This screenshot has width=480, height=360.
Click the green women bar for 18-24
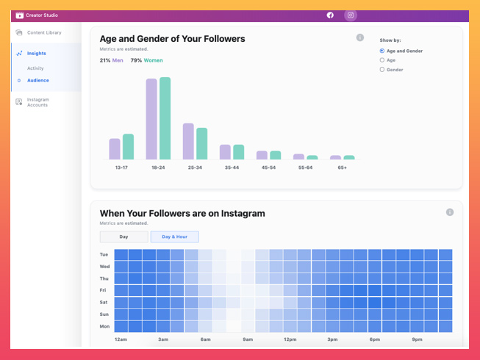tap(165, 118)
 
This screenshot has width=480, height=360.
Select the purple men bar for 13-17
tap(115, 149)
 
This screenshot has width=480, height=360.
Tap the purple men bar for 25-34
tap(188, 141)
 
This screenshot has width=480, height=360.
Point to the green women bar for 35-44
tap(238, 152)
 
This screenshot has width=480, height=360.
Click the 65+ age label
tap(343, 168)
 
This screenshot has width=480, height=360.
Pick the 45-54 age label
tap(268, 168)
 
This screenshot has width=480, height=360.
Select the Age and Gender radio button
tap(382, 51)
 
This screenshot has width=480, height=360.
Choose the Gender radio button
tap(382, 70)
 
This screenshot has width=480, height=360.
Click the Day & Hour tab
tap(174, 237)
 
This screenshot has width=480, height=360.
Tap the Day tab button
tap(124, 237)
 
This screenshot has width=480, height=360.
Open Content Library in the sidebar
tap(44, 32)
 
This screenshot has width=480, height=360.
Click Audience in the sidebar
tap(38, 80)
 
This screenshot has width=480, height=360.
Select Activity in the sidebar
tap(35, 68)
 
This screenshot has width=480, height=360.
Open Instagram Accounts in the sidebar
tap(37, 102)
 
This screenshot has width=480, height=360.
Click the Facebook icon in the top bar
tap(330, 15)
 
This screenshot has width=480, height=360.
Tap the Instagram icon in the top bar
tap(351, 15)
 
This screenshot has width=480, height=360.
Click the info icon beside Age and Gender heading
tap(360, 37)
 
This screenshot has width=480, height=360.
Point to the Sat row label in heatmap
tap(104, 302)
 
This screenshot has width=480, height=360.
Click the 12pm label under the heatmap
tap(290, 339)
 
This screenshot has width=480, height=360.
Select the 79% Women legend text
tap(146, 60)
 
